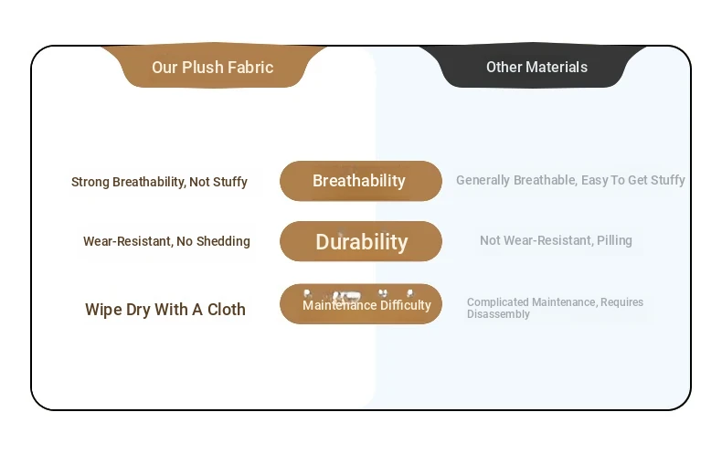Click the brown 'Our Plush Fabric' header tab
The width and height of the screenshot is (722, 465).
[213, 66]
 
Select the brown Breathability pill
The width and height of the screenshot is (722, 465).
[360, 181]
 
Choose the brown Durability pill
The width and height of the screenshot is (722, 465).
[360, 241]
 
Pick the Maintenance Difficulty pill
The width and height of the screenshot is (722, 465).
[360, 304]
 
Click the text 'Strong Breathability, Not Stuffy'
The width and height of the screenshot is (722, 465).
[159, 182]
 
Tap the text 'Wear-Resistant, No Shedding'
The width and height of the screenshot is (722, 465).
[166, 241]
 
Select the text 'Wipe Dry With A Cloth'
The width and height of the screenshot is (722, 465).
[165, 310]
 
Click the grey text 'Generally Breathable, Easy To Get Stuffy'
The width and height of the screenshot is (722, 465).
[570, 180]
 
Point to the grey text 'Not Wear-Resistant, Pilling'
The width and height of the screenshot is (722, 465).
[556, 240]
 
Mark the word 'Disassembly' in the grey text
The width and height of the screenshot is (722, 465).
[498, 314]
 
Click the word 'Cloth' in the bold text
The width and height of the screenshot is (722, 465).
[227, 310]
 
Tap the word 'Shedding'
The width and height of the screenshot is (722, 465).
[223, 241]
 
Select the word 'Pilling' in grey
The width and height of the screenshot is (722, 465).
[614, 240]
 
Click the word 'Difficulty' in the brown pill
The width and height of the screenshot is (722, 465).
[406, 305]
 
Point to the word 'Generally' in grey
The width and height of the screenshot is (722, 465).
[483, 180]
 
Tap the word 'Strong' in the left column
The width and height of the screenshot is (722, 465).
[90, 182]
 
